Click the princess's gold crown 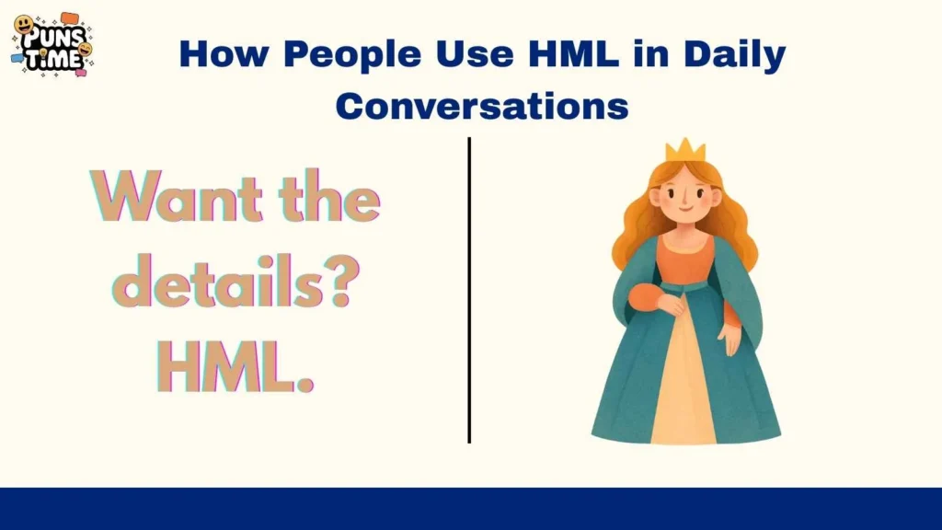click(x=685, y=151)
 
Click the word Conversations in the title click(x=482, y=106)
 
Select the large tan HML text click(x=235, y=368)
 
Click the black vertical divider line click(x=469, y=290)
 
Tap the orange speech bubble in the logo click(x=70, y=17)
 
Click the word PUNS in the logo click(x=51, y=39)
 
